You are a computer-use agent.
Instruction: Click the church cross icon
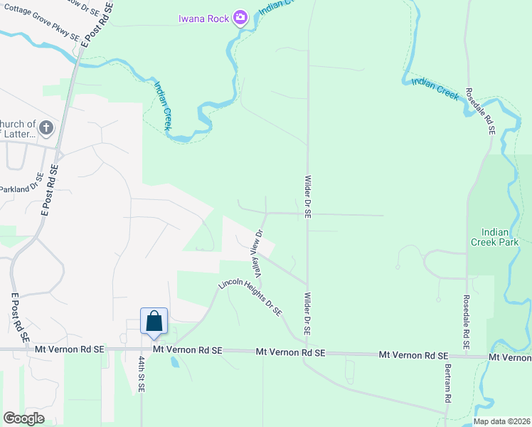[46, 129]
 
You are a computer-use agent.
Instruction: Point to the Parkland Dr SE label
[23, 188]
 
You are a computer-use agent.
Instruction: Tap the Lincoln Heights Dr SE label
[250, 297]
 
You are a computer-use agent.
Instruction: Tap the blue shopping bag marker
[154, 322]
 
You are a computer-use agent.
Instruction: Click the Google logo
[23, 418]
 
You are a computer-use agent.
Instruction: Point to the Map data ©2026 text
[501, 421]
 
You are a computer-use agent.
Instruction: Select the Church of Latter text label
[19, 129]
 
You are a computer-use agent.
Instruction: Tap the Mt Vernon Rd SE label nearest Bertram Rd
[413, 354]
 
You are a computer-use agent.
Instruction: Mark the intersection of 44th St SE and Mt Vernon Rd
[142, 349]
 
